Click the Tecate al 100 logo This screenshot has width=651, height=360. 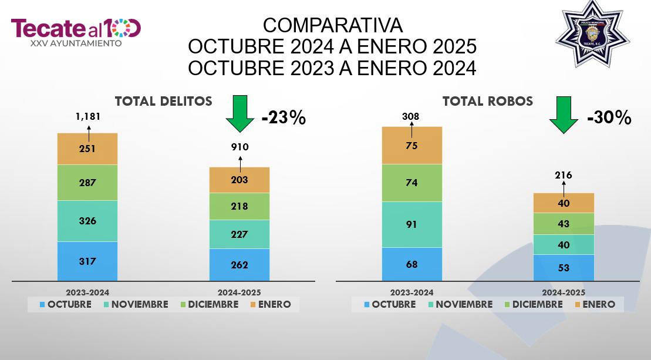click(76, 32)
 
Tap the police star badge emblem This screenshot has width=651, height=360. click(592, 33)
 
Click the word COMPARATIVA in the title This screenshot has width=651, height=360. click(333, 25)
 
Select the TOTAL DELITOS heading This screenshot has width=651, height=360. click(164, 101)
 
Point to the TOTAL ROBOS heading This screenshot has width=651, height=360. click(488, 101)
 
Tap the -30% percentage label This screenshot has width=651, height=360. click(609, 117)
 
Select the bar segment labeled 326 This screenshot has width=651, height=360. click(87, 221)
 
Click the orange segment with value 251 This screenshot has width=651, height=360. click(87, 149)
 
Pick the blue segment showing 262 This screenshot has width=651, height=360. click(240, 265)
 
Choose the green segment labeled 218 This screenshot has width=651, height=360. click(240, 206)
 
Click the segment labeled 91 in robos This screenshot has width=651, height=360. click(412, 225)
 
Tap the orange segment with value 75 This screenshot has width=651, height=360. click(412, 145)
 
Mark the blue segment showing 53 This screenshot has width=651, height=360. click(564, 268)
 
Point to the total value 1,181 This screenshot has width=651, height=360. click(88, 117)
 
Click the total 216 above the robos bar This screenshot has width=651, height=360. click(564, 175)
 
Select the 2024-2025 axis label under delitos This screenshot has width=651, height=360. click(239, 292)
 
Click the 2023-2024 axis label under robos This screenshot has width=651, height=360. click(412, 292)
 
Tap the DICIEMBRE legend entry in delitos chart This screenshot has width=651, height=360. click(209, 304)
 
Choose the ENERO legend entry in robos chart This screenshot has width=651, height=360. click(595, 304)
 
